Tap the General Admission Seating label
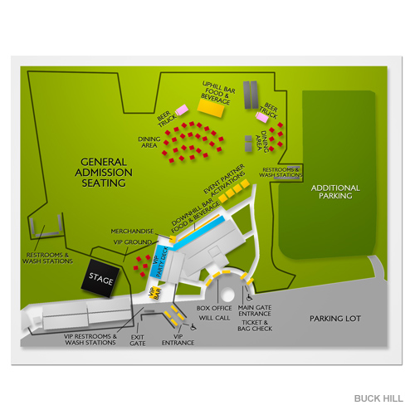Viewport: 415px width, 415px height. pyautogui.click(x=104, y=173)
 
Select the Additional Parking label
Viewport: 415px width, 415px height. pyautogui.click(x=335, y=193)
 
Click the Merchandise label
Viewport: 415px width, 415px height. pyautogui.click(x=133, y=231)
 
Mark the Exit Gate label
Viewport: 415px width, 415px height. pyautogui.click(x=139, y=341)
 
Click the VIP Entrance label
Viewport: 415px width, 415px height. pyautogui.click(x=177, y=340)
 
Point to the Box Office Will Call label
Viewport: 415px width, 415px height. pyautogui.click(x=214, y=312)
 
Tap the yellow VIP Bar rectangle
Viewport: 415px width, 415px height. pyautogui.click(x=154, y=292)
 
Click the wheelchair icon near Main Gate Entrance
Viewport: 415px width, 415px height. pyautogui.click(x=248, y=294)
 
